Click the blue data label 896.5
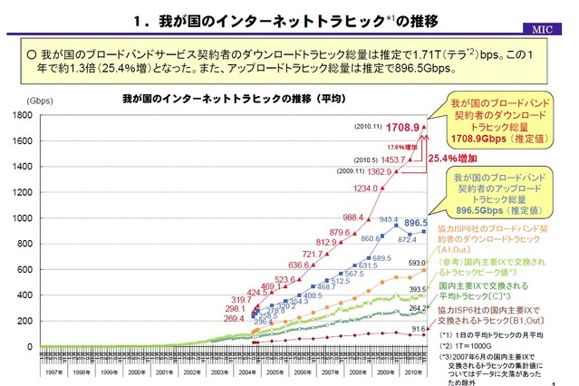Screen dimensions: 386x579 point(416,221)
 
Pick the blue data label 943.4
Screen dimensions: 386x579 point(389,220)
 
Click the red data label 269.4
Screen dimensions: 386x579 point(235,319)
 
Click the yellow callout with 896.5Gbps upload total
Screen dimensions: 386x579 point(507,191)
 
